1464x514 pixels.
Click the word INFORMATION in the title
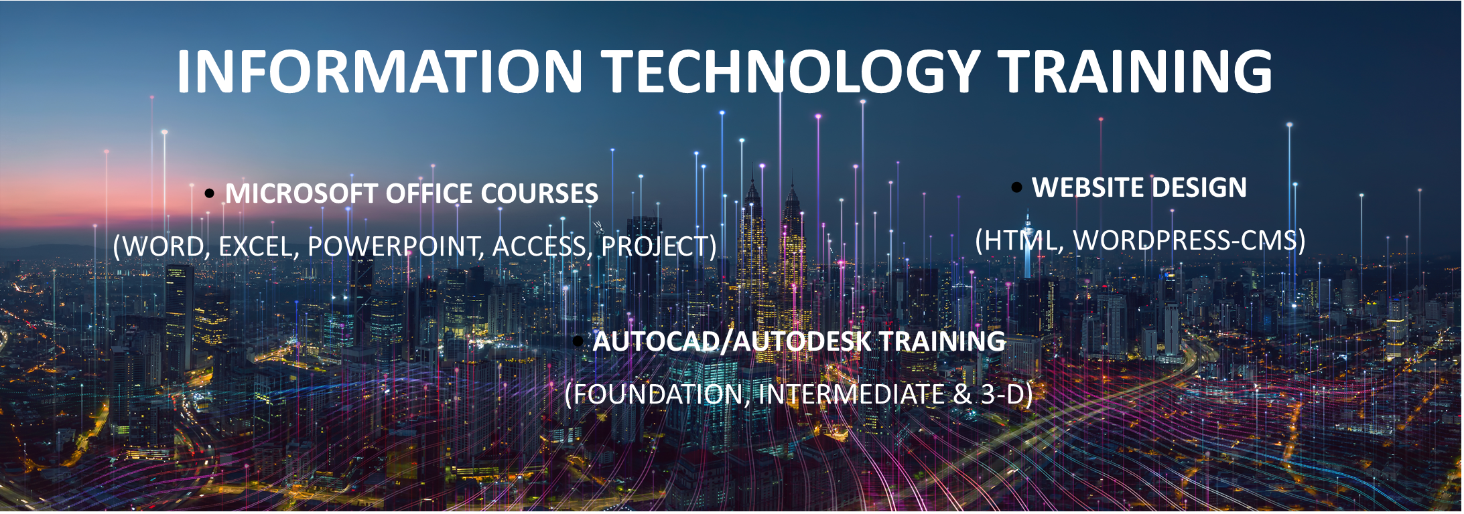(x=380, y=71)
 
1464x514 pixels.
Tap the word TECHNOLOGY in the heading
(x=791, y=71)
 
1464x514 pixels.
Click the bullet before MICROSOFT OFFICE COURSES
(x=210, y=193)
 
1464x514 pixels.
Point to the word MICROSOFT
(x=301, y=193)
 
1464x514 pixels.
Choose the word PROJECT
(x=655, y=246)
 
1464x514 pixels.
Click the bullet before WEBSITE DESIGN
(x=1016, y=187)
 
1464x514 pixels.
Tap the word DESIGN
(x=1201, y=187)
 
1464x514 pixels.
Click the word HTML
(x=1024, y=240)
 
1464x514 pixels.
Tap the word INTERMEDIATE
(x=852, y=394)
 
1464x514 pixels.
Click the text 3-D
(x=1003, y=394)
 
